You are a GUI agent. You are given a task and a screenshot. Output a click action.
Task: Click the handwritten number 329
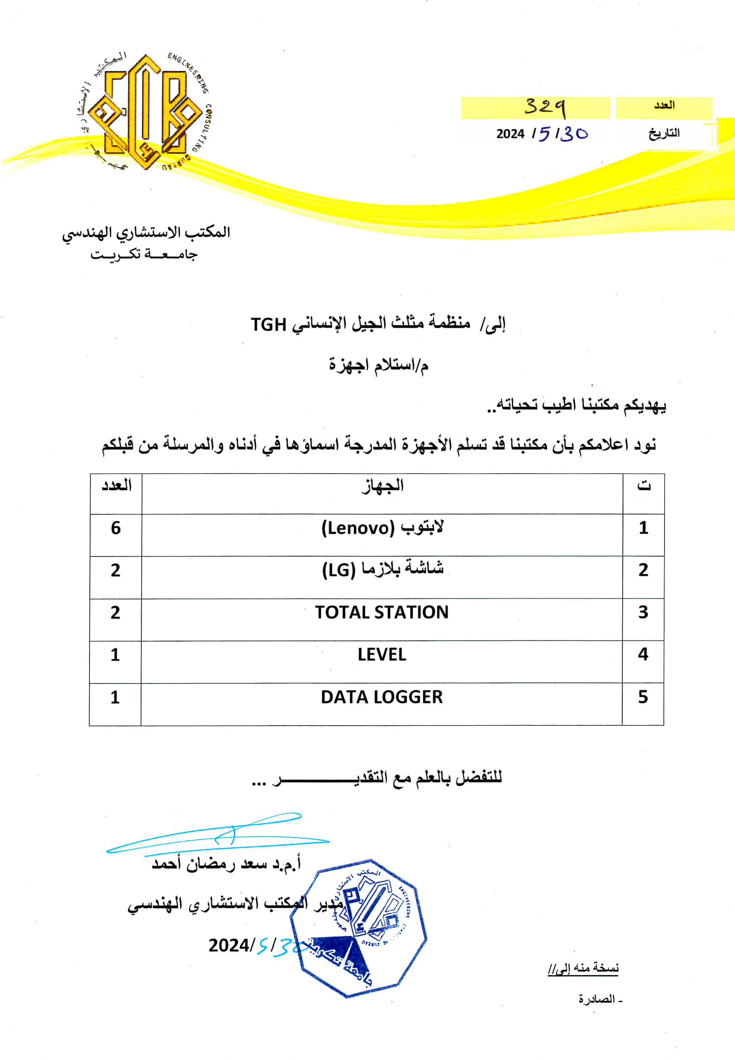[545, 108]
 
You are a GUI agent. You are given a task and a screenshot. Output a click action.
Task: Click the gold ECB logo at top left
[144, 112]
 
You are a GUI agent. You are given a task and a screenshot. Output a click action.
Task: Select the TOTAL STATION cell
[382, 612]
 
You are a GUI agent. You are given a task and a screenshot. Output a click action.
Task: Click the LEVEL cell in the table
[382, 655]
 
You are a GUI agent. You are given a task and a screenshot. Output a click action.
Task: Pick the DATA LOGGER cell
[382, 697]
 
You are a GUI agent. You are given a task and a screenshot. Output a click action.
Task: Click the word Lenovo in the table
[358, 528]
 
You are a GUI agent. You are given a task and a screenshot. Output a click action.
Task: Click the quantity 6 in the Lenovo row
[116, 528]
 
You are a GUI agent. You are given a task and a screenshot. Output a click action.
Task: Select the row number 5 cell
[643, 697]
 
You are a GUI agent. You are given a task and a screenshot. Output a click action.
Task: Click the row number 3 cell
[643, 612]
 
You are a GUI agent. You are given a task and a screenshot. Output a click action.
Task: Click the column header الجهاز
[382, 486]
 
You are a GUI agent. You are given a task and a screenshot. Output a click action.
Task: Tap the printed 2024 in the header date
[510, 134]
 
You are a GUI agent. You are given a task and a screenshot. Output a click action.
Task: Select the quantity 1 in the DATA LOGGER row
[115, 697]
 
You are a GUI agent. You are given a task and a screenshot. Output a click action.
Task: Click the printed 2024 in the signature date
[229, 946]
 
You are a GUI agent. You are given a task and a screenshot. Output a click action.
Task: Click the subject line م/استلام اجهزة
[378, 365]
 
